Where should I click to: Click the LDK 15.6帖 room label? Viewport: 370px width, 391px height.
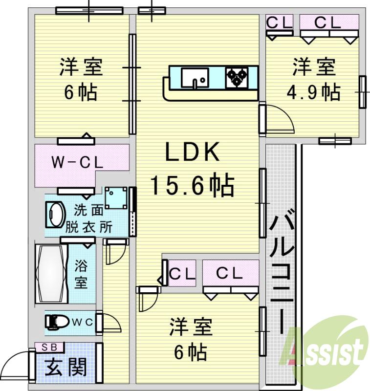192,169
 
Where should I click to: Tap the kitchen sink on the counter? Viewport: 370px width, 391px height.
195,77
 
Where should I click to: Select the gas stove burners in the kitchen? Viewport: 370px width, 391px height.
237,77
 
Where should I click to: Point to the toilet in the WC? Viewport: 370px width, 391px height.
58,321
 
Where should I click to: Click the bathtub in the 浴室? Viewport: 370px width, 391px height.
51,274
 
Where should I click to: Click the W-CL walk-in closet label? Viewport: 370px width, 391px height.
77,163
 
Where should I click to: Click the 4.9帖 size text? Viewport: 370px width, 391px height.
314,92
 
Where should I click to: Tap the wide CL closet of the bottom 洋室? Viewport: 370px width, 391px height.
230,274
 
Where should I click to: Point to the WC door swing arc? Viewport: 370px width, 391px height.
111,323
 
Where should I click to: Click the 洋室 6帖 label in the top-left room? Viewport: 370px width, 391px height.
81,79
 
